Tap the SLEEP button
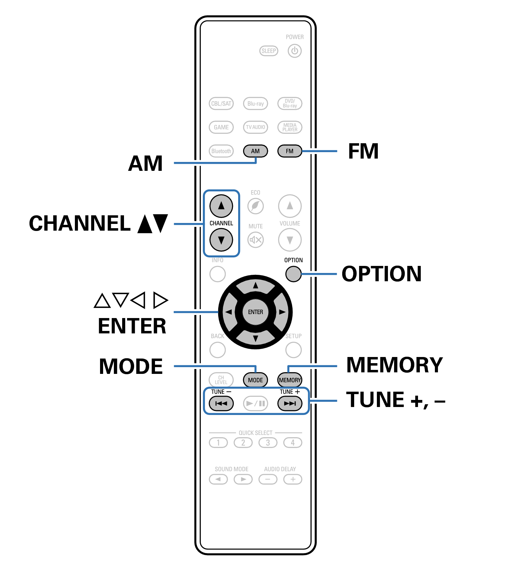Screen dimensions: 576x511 pyautogui.click(x=269, y=51)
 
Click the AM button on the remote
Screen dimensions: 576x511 pyautogui.click(x=255, y=151)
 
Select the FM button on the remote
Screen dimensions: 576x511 pyautogui.click(x=290, y=151)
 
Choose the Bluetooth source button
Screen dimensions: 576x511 pyautogui.click(x=221, y=151)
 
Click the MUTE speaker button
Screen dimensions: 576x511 pyautogui.click(x=255, y=240)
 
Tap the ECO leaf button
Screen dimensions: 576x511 pyautogui.click(x=255, y=206)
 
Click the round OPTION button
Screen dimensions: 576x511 pyautogui.click(x=293, y=274)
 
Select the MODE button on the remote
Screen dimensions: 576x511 pyautogui.click(x=255, y=380)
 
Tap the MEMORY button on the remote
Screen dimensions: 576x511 pyautogui.click(x=290, y=380)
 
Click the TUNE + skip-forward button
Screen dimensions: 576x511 pyautogui.click(x=290, y=403)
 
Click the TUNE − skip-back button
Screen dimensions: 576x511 pyautogui.click(x=221, y=403)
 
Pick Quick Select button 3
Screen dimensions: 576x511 pyautogui.click(x=268, y=443)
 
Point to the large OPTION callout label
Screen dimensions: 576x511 pyautogui.click(x=381, y=274)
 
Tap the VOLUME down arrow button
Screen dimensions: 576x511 pyautogui.click(x=290, y=240)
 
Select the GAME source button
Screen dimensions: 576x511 pyautogui.click(x=221, y=127)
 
